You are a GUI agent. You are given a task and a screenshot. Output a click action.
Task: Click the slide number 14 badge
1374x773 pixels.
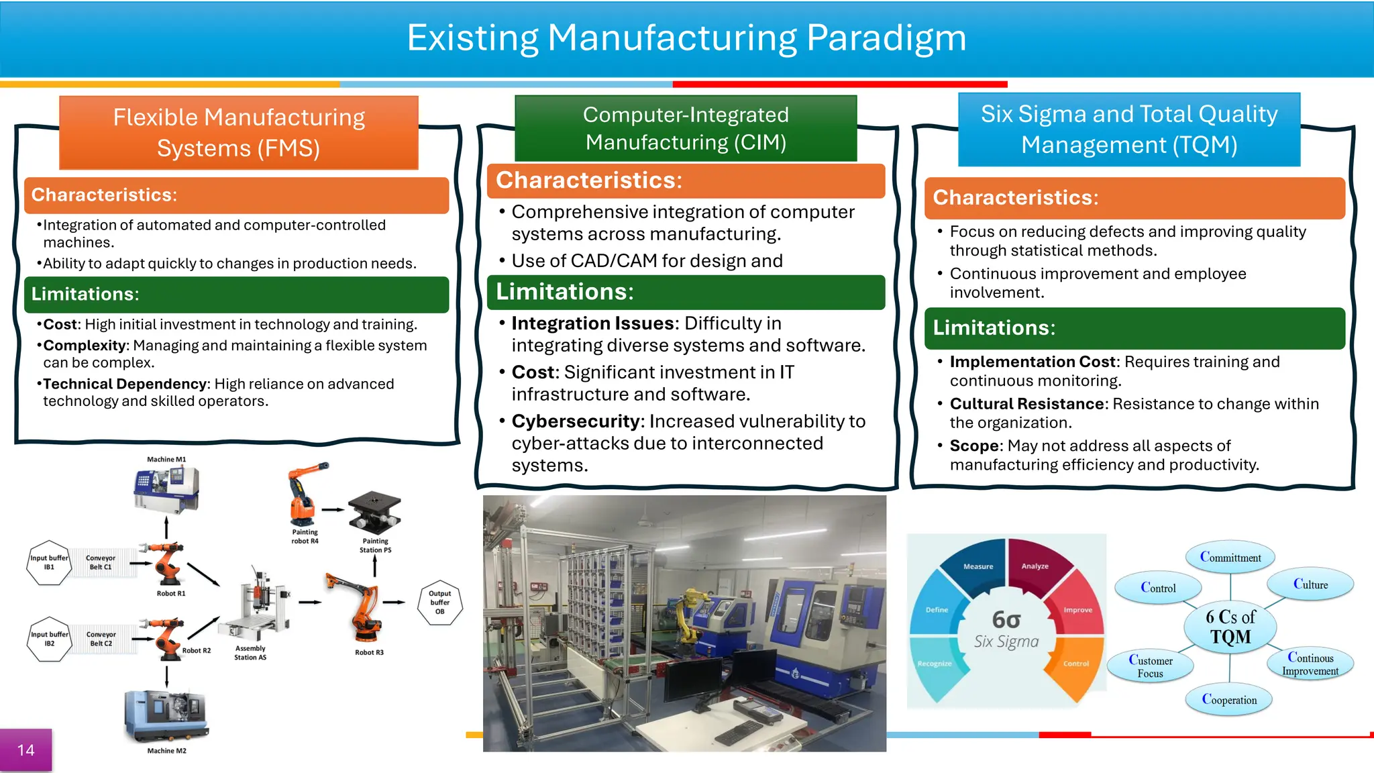click(25, 750)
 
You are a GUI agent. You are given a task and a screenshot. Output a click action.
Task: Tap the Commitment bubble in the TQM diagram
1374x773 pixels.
click(1230, 557)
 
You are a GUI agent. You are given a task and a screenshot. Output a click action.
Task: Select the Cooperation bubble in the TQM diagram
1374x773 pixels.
click(1228, 699)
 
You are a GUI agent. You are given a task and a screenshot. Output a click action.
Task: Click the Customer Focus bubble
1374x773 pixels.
click(1151, 666)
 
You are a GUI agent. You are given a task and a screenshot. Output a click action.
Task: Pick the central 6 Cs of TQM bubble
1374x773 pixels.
click(1230, 626)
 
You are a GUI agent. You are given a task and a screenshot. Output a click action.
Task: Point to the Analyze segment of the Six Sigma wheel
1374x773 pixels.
click(1035, 564)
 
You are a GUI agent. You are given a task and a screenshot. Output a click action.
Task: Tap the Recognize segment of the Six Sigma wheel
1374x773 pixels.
click(935, 664)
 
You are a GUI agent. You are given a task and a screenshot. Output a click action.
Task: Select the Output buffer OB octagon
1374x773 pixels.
click(439, 602)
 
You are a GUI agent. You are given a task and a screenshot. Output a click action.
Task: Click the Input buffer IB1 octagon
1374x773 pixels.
click(49, 562)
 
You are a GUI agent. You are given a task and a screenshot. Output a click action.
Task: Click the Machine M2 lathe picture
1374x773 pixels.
click(166, 717)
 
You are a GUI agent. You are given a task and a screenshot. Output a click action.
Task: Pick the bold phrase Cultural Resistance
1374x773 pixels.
click(1026, 404)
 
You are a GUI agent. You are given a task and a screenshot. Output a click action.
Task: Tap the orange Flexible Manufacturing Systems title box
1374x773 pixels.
click(239, 132)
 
